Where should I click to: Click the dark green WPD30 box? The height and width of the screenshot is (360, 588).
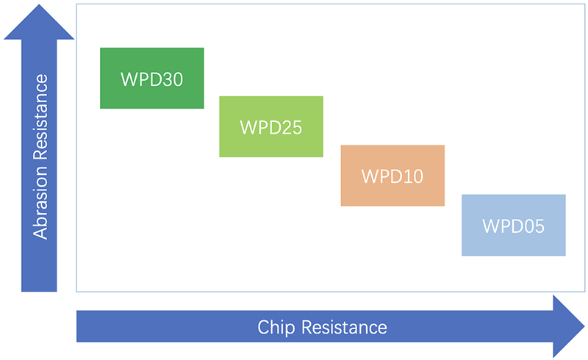click(x=152, y=78)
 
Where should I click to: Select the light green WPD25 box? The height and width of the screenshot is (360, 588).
click(x=271, y=127)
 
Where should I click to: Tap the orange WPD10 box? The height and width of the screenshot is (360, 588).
click(x=392, y=176)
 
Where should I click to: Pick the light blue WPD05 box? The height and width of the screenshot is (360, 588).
click(x=513, y=225)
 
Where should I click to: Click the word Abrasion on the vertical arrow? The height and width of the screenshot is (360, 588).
click(x=40, y=203)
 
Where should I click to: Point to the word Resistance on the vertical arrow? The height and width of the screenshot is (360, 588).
click(x=40, y=117)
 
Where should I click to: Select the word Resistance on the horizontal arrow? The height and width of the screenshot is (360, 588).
click(x=344, y=328)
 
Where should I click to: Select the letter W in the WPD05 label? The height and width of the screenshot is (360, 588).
click(x=490, y=226)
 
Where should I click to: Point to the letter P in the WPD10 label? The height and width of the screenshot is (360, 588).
click(x=383, y=176)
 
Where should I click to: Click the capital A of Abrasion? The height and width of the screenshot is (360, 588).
click(x=40, y=231)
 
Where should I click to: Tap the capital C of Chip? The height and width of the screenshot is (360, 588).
click(x=264, y=328)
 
